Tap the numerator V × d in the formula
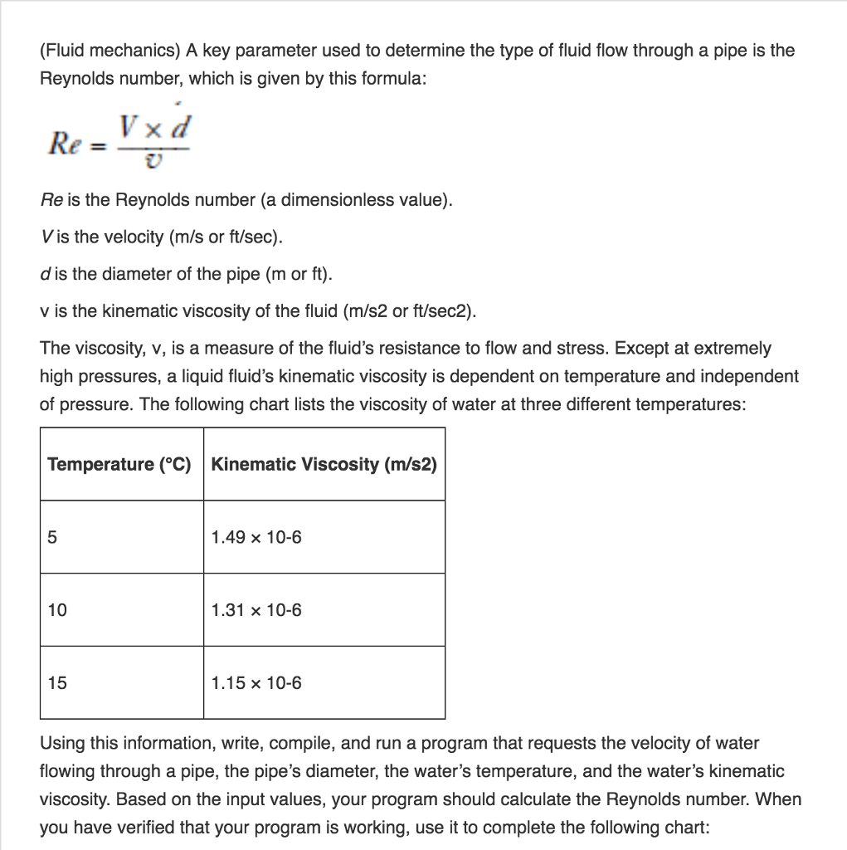point(155,127)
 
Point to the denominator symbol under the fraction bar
point(153,163)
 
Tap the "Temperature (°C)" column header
point(119,464)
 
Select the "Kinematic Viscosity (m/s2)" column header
point(324,464)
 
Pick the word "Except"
point(643,349)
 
